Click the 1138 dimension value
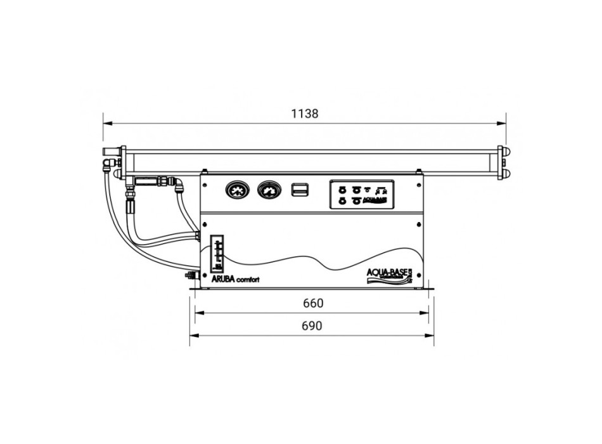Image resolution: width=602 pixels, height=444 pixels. tap(304, 114)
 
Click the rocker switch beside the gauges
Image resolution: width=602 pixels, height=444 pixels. tap(298, 189)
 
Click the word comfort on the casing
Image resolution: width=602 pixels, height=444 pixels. tap(247, 281)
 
